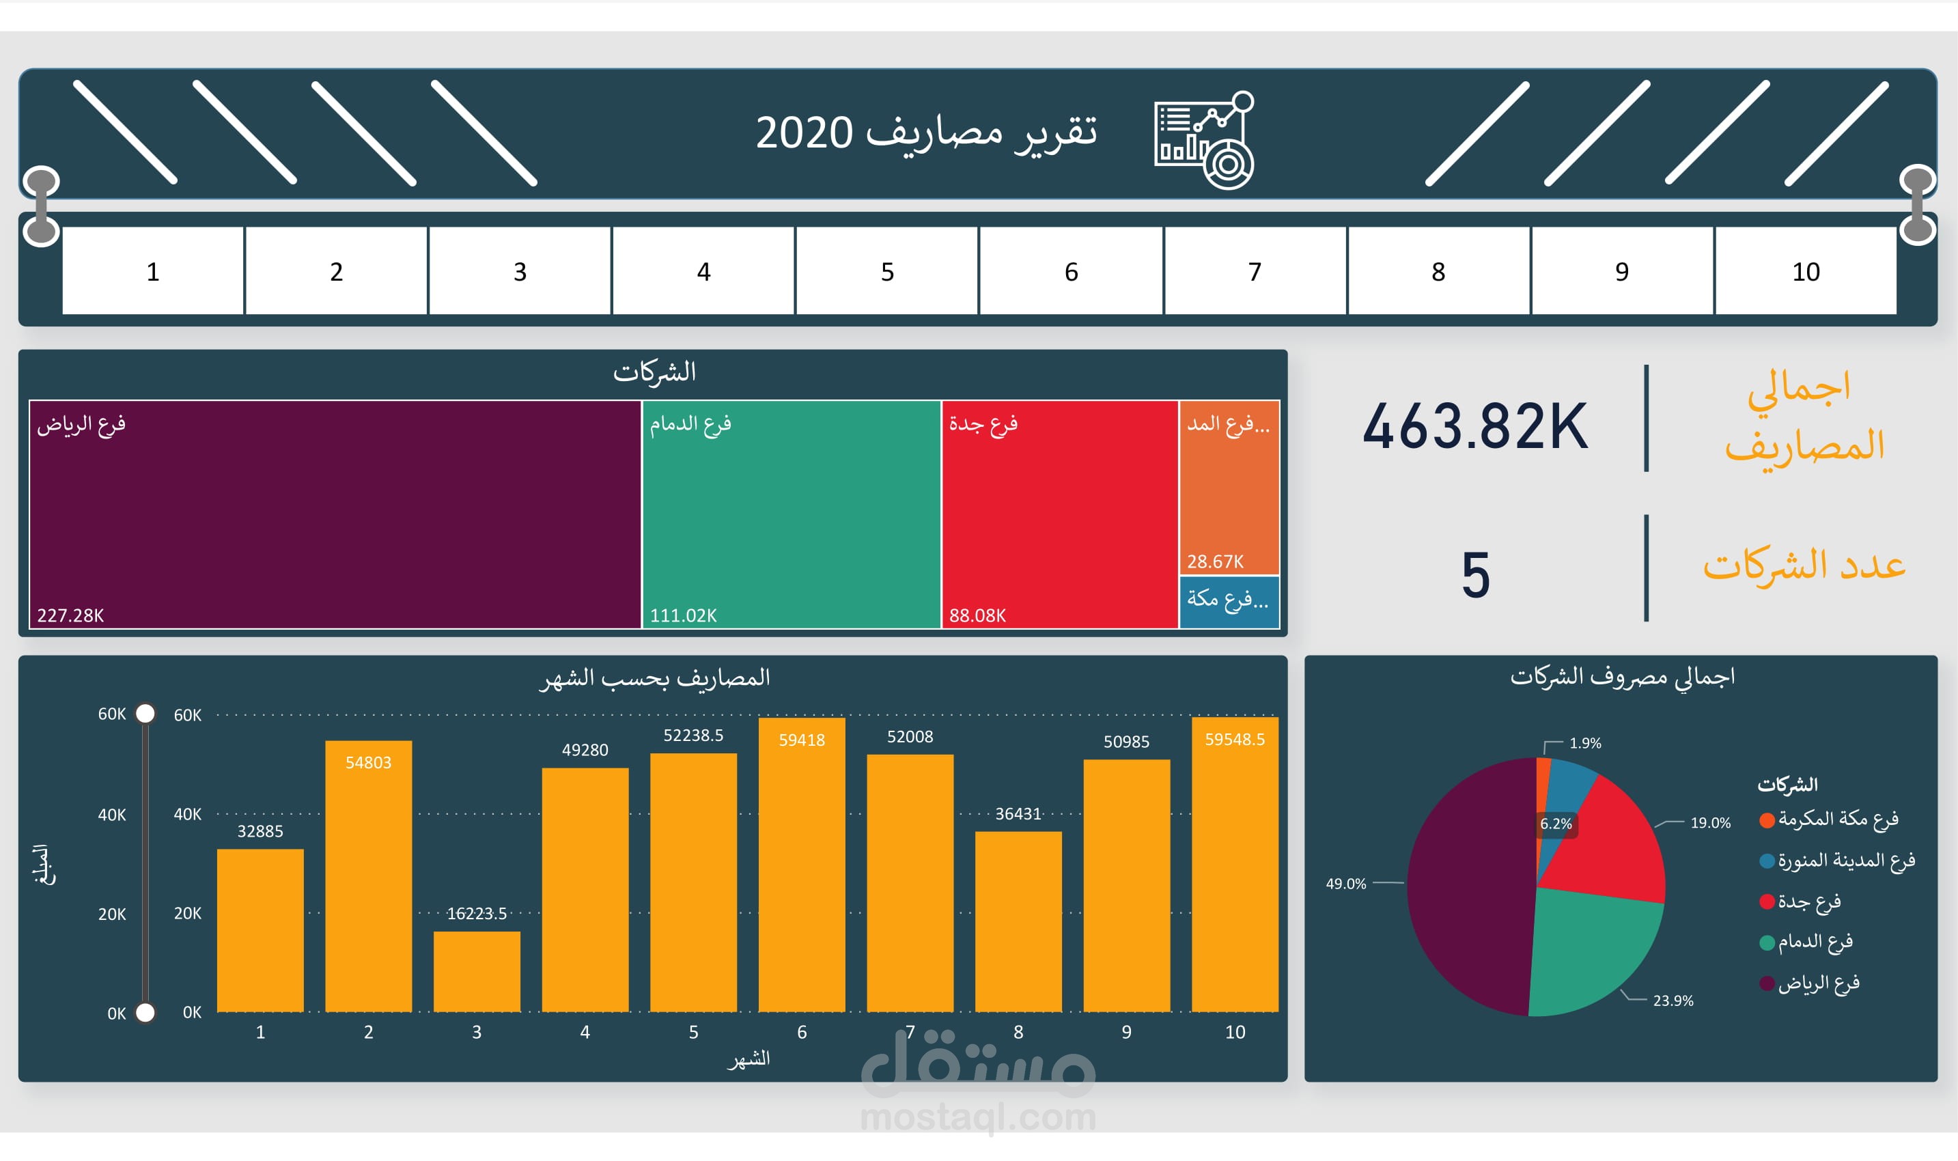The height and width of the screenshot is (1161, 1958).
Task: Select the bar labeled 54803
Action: coord(368,876)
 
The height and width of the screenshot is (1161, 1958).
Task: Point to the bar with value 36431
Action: coord(1018,921)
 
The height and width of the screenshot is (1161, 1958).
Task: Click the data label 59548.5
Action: coord(1234,740)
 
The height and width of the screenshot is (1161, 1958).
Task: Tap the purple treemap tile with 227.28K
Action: coord(335,514)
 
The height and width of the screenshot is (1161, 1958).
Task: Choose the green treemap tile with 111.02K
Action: coord(791,514)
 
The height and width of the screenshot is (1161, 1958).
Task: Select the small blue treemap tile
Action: coord(1228,601)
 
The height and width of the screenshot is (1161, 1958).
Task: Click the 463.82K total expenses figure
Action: coord(1474,426)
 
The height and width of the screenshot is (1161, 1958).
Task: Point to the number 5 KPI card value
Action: coord(1475,575)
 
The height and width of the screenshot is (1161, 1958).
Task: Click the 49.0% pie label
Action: coord(1345,883)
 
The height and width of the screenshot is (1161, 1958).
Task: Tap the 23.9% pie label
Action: coord(1673,1001)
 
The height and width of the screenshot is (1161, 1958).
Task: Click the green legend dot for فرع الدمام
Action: coord(1765,942)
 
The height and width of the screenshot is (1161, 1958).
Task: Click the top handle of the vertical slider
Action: coord(145,714)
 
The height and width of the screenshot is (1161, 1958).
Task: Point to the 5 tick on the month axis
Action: coord(693,1032)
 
